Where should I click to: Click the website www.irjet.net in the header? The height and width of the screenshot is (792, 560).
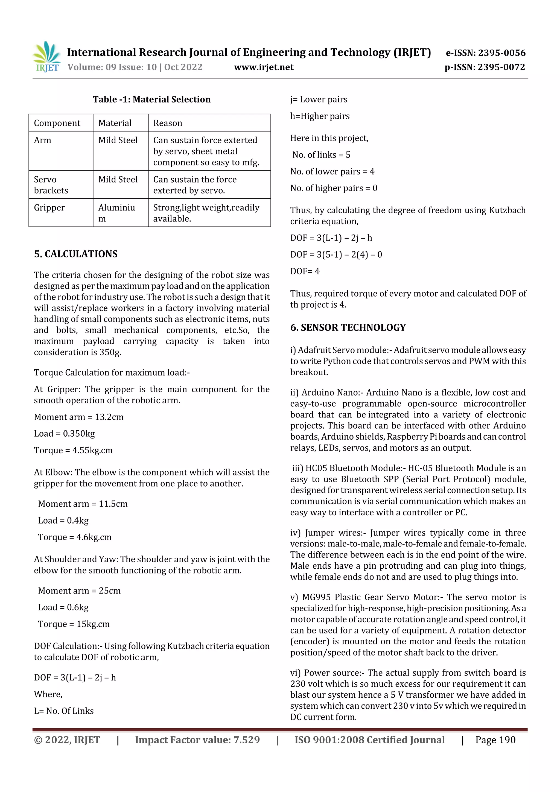(x=264, y=67)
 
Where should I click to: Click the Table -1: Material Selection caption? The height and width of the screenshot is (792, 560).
(x=151, y=99)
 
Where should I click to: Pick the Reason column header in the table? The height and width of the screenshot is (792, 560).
(x=168, y=123)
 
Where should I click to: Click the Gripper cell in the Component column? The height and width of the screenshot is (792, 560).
(x=49, y=208)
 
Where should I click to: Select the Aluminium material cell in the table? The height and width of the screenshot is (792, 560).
(x=116, y=213)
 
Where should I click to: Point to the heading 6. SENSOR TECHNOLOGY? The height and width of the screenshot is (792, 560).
(x=348, y=327)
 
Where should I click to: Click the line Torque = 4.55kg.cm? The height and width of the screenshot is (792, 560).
(x=73, y=450)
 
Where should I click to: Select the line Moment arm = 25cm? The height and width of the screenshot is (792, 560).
(x=79, y=591)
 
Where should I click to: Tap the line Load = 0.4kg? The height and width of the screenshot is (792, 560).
(x=63, y=520)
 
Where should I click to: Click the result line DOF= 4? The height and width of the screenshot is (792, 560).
(x=305, y=271)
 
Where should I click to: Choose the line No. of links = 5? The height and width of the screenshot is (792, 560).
(x=321, y=155)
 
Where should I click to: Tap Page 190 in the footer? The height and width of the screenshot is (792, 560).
(x=495, y=740)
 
